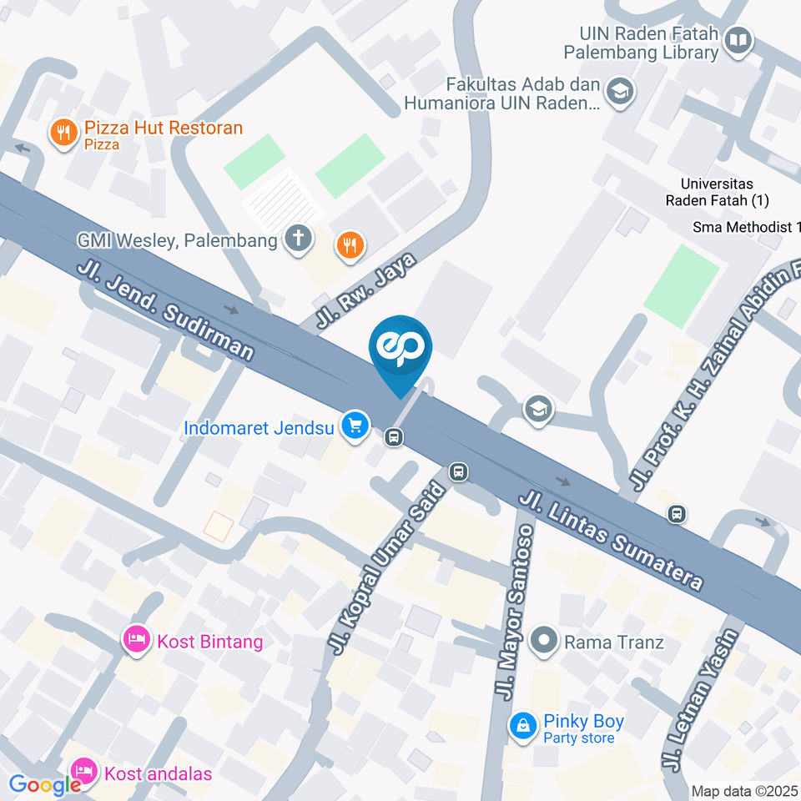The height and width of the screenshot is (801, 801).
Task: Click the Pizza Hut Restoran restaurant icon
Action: [63, 132]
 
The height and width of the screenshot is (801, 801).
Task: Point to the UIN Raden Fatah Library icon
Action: [738, 39]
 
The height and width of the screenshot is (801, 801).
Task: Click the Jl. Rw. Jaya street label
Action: [365, 291]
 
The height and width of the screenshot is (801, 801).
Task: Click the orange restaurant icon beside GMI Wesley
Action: [349, 244]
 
